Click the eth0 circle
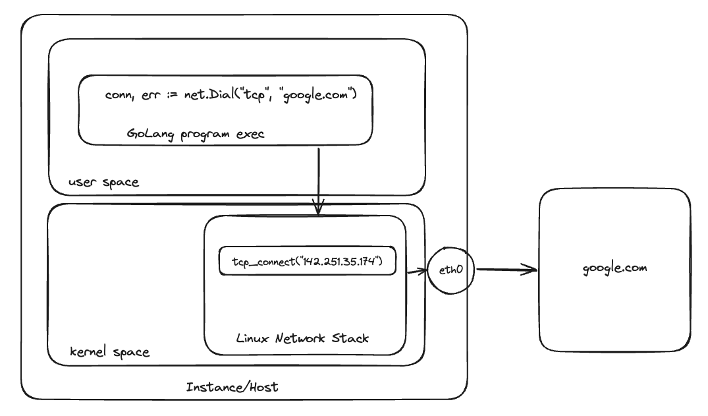450,270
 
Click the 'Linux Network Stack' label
302,338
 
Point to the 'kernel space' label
109,352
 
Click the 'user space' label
103,182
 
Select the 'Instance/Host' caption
232,387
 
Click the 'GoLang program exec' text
196,134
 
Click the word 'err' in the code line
149,96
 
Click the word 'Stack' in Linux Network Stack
350,338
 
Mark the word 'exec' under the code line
250,134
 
